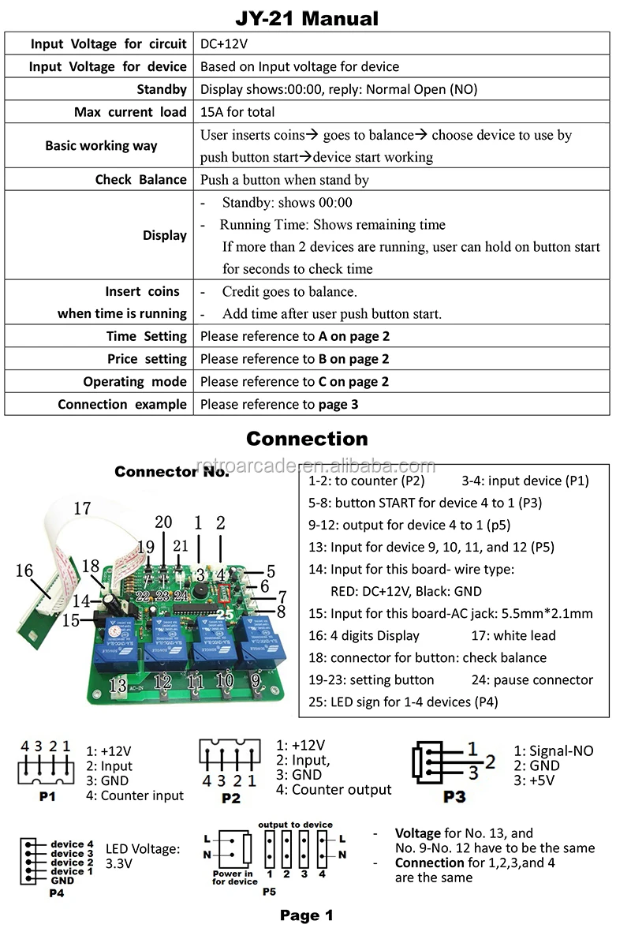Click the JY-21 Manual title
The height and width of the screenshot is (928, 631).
pos(307,18)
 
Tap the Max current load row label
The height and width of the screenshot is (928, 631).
pos(130,112)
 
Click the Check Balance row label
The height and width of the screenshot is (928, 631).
pos(140,180)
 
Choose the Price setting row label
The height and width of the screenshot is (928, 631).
pos(147,359)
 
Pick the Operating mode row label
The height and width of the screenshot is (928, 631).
pos(135,382)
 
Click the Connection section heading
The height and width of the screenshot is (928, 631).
pos(307,439)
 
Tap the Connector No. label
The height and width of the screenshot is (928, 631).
pos(172,472)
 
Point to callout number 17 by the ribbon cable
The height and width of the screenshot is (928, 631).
pos(82,509)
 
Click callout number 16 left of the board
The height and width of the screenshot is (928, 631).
pos(24,571)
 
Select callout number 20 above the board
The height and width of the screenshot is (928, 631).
pos(163,522)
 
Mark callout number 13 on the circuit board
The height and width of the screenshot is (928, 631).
pos(118,685)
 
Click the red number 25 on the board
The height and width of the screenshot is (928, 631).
pos(225,612)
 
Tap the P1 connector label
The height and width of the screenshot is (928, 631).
pos(47,797)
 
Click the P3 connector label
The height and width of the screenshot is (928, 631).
pos(454,797)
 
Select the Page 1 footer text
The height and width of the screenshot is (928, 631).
pos(306,915)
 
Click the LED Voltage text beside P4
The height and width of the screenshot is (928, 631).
pos(143,856)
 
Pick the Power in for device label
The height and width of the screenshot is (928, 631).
pos(233,877)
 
